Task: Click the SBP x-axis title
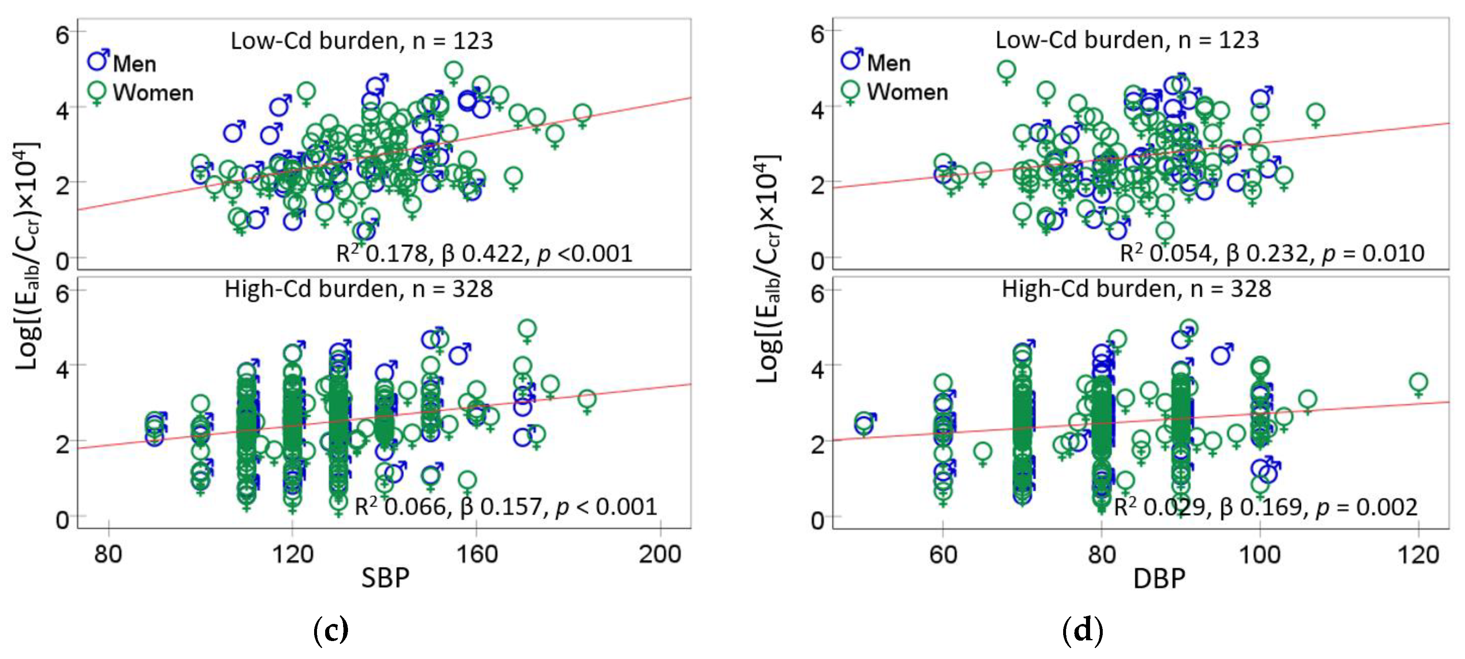385,578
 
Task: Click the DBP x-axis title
1159,578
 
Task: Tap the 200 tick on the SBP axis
660,553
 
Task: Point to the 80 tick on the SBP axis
108,553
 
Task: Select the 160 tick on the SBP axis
477,553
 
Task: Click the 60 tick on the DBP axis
943,553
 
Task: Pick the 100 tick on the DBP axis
1260,553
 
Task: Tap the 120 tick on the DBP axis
1418,553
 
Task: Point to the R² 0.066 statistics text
505,506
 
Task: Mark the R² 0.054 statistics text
1272,253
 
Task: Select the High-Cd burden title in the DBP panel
1136,289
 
